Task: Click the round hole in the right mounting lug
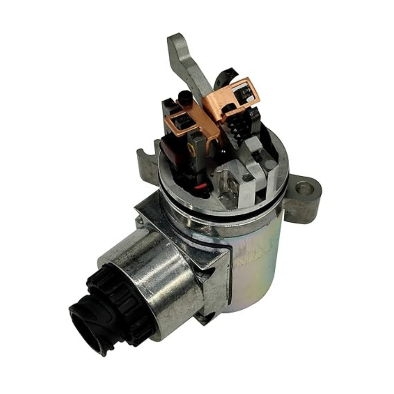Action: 304,188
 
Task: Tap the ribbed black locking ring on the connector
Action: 109,292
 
